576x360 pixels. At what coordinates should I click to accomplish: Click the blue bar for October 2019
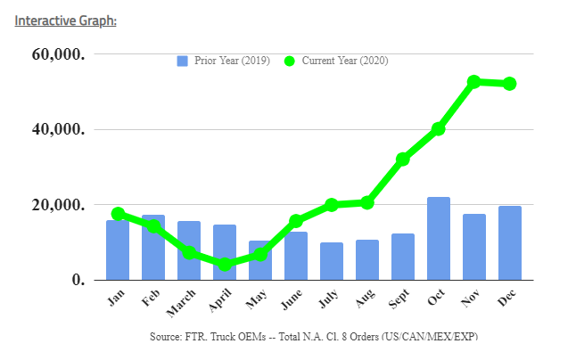[x=439, y=239]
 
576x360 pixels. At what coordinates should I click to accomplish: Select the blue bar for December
[x=510, y=243]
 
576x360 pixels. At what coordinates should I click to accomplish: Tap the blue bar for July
[x=332, y=261]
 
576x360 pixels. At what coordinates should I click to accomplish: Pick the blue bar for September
[x=403, y=257]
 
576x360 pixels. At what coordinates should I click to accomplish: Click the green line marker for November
[x=474, y=82]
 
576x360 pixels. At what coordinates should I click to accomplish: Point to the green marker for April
[x=225, y=264]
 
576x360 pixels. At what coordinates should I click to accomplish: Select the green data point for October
[x=439, y=129]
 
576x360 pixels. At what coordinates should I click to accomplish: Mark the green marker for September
[x=403, y=160]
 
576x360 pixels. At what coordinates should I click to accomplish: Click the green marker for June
[x=296, y=221]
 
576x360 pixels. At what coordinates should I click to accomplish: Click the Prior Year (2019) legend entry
[x=219, y=61]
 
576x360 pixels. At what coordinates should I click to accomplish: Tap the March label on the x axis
[x=184, y=303]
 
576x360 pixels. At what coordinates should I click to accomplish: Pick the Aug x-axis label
[x=365, y=299]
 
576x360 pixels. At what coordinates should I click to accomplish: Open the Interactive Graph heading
[x=65, y=19]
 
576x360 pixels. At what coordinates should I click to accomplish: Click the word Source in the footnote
[x=168, y=336]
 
